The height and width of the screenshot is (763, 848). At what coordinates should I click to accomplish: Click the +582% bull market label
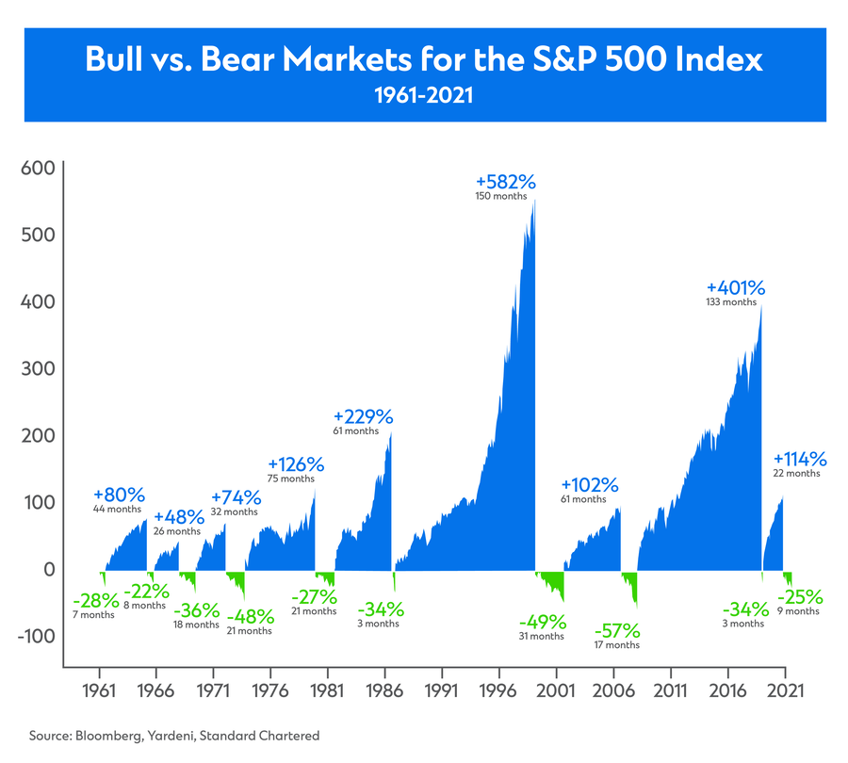click(x=512, y=181)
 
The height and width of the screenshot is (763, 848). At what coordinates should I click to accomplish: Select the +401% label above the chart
click(x=737, y=287)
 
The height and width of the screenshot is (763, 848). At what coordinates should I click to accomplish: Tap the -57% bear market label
click(x=617, y=629)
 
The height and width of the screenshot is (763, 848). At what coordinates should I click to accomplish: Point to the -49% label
click(x=542, y=622)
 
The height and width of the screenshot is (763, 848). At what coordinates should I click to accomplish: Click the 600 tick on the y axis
click(x=38, y=170)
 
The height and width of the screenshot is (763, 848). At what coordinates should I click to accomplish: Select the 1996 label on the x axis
click(x=499, y=689)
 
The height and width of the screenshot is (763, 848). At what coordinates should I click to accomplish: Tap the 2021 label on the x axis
click(x=785, y=689)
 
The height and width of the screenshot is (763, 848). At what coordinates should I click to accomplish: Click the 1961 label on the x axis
click(x=99, y=689)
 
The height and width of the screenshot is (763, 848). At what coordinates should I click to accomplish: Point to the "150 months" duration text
click(x=502, y=196)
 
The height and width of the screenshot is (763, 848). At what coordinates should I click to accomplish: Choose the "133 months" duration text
click(x=731, y=302)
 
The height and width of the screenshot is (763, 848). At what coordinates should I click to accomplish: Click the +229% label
click(x=364, y=416)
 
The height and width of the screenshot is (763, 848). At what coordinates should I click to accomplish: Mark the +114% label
click(x=800, y=459)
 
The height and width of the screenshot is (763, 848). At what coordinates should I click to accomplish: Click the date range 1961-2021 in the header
click(x=424, y=95)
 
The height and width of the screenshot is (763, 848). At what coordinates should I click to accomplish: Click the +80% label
click(x=120, y=494)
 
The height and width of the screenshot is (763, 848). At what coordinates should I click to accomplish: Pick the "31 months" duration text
click(x=542, y=637)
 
